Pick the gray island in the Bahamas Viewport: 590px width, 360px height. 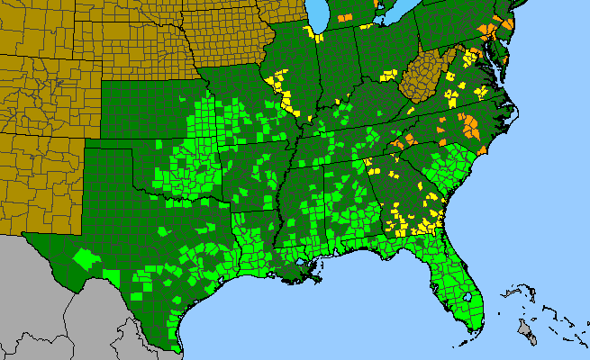526,332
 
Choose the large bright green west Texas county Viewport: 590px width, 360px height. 86,257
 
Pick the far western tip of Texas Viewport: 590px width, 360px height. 25,237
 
